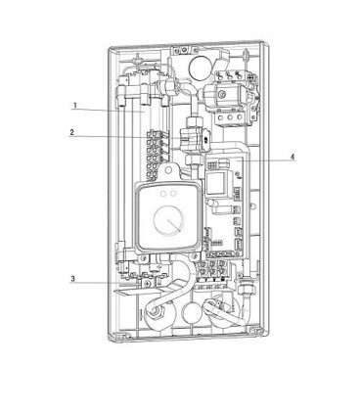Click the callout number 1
(x=75, y=106)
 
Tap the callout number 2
(x=71, y=132)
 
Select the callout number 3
(x=72, y=279)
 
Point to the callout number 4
(x=292, y=157)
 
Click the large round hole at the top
(x=200, y=68)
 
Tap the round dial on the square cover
(x=168, y=221)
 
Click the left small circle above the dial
(x=163, y=194)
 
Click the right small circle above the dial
(x=173, y=194)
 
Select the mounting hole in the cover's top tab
(x=168, y=170)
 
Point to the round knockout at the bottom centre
(x=192, y=313)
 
